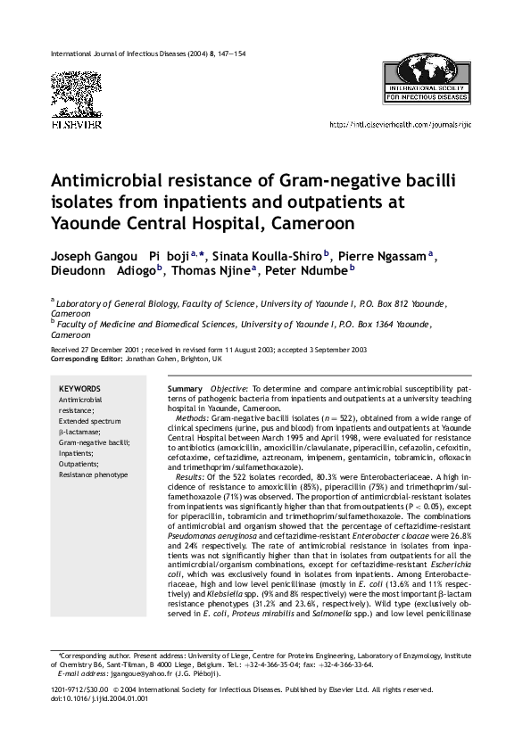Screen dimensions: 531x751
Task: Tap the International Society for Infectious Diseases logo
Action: (x=432, y=81)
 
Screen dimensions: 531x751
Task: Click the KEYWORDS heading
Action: (x=79, y=389)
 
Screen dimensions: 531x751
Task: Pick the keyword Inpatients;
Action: (x=78, y=452)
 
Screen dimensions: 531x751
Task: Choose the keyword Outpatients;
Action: (x=79, y=464)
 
